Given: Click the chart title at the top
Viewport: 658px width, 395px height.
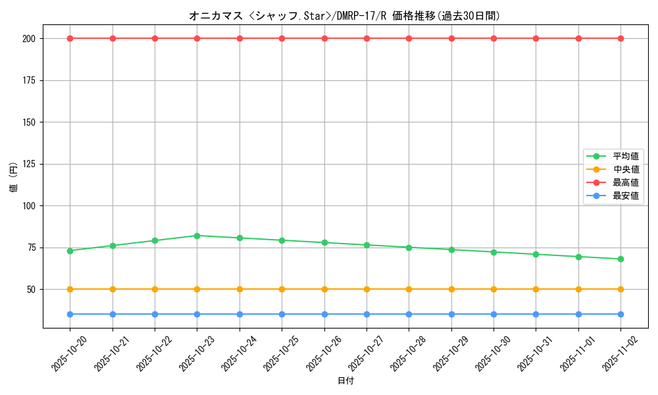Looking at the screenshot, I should click(x=344, y=16).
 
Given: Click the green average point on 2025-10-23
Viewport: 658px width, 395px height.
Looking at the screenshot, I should click(x=197, y=236).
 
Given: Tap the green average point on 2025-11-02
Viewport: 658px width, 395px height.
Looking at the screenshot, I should click(x=620, y=259).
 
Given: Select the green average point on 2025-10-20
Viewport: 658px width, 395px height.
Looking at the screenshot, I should click(x=70, y=251).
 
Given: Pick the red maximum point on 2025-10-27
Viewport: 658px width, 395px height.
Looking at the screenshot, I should click(x=367, y=38).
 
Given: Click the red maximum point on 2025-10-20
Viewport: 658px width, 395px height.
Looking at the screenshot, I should click(x=70, y=38).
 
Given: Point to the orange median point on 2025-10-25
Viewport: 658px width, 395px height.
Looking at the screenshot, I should click(x=282, y=289).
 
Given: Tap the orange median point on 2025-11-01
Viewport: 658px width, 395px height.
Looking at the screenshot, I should click(x=578, y=289).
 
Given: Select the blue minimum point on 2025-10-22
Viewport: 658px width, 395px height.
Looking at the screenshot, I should click(x=155, y=314).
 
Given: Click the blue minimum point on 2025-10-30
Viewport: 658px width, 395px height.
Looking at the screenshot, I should click(x=493, y=314).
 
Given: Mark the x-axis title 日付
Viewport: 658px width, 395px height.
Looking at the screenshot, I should click(x=345, y=381).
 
